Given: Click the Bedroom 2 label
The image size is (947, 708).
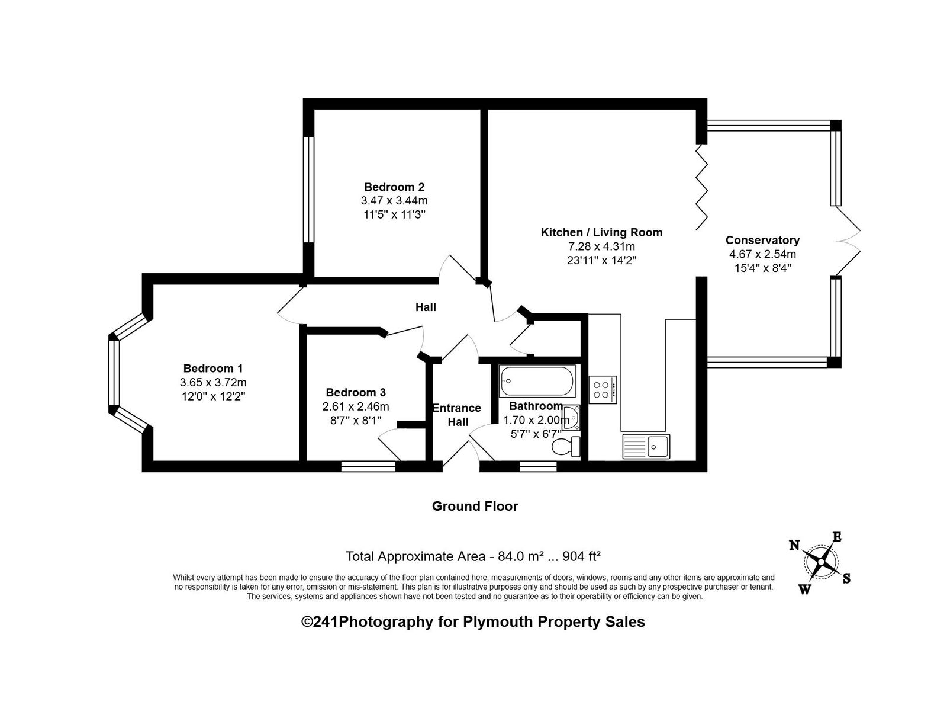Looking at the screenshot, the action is pos(394,187).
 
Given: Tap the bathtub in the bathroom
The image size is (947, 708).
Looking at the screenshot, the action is pos(537,381).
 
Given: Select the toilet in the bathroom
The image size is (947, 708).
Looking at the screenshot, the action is pos(566,446).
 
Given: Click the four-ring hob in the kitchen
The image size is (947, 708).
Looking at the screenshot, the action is pos(603,390).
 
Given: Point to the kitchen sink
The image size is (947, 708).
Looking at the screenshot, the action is pos(646,446).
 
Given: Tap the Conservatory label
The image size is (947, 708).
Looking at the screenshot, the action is pos(762,240).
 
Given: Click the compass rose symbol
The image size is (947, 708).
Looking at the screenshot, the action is pos(821,562).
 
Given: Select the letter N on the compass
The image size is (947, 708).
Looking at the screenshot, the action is pos(794,545).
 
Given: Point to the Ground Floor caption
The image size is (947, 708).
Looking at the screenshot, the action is pos(475,506).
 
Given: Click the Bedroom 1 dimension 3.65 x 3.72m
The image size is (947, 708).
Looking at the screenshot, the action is pos(213,382).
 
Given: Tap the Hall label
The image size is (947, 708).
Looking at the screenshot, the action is pos(426,307).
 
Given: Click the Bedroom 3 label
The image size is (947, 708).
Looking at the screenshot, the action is pos(356,392).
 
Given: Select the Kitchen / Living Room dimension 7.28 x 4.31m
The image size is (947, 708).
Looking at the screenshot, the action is pos(601,246).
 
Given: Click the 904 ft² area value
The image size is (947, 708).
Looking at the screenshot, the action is pos(582,556).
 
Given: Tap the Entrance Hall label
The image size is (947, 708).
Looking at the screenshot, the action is pos(457,415).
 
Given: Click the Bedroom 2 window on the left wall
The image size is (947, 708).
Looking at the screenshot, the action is pos(308,190).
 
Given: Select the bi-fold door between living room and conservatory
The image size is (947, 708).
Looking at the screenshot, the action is pos(701,187).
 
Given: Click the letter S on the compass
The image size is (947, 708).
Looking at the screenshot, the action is pos(846,578).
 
